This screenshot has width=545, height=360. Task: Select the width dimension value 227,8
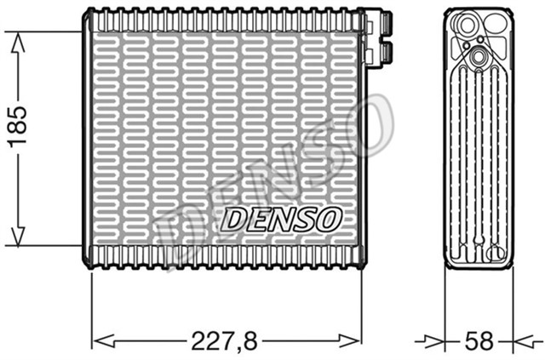pyautogui.click(x=224, y=341)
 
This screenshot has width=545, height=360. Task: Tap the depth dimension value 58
pyautogui.click(x=479, y=341)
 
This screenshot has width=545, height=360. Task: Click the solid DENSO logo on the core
pyautogui.click(x=282, y=219)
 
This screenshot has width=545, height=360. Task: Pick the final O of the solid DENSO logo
pyautogui.click(x=330, y=219)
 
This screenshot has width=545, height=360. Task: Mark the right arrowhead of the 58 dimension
pyautogui.click(x=520, y=341)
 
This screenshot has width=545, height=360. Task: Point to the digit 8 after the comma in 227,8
pyautogui.click(x=252, y=341)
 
